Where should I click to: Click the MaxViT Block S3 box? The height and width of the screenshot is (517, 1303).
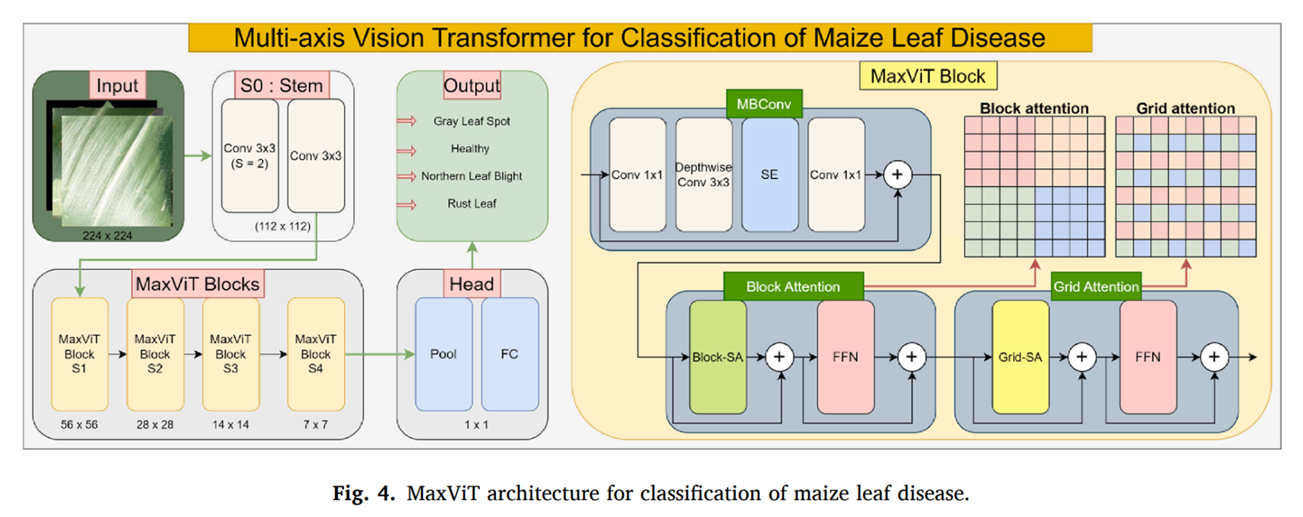(231, 354)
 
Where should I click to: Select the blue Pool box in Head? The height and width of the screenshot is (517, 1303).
(444, 354)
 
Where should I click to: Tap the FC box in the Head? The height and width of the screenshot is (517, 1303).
(509, 354)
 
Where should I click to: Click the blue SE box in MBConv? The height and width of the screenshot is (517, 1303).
(769, 175)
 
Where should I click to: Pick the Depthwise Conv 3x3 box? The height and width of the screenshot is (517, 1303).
(704, 175)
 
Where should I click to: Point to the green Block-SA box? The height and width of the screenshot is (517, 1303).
(717, 357)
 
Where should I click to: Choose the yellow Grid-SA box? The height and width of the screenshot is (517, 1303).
(1020, 357)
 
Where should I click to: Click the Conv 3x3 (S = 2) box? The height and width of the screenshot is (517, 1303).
(250, 156)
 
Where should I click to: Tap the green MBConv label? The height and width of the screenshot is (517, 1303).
(764, 104)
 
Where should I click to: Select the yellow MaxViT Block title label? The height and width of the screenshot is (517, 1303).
(928, 76)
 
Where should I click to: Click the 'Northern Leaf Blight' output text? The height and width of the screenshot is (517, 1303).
(472, 176)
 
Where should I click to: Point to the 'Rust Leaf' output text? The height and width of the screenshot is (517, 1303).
(472, 204)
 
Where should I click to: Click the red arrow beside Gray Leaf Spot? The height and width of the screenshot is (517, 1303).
(407, 121)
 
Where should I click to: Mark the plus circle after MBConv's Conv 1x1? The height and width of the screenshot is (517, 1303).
(897, 175)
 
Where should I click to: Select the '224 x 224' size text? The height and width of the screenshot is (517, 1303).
(107, 235)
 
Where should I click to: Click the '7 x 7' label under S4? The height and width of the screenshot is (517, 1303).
(315, 425)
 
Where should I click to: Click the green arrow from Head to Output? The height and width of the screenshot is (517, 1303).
(472, 255)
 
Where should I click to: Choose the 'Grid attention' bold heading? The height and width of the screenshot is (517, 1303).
(1185, 108)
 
